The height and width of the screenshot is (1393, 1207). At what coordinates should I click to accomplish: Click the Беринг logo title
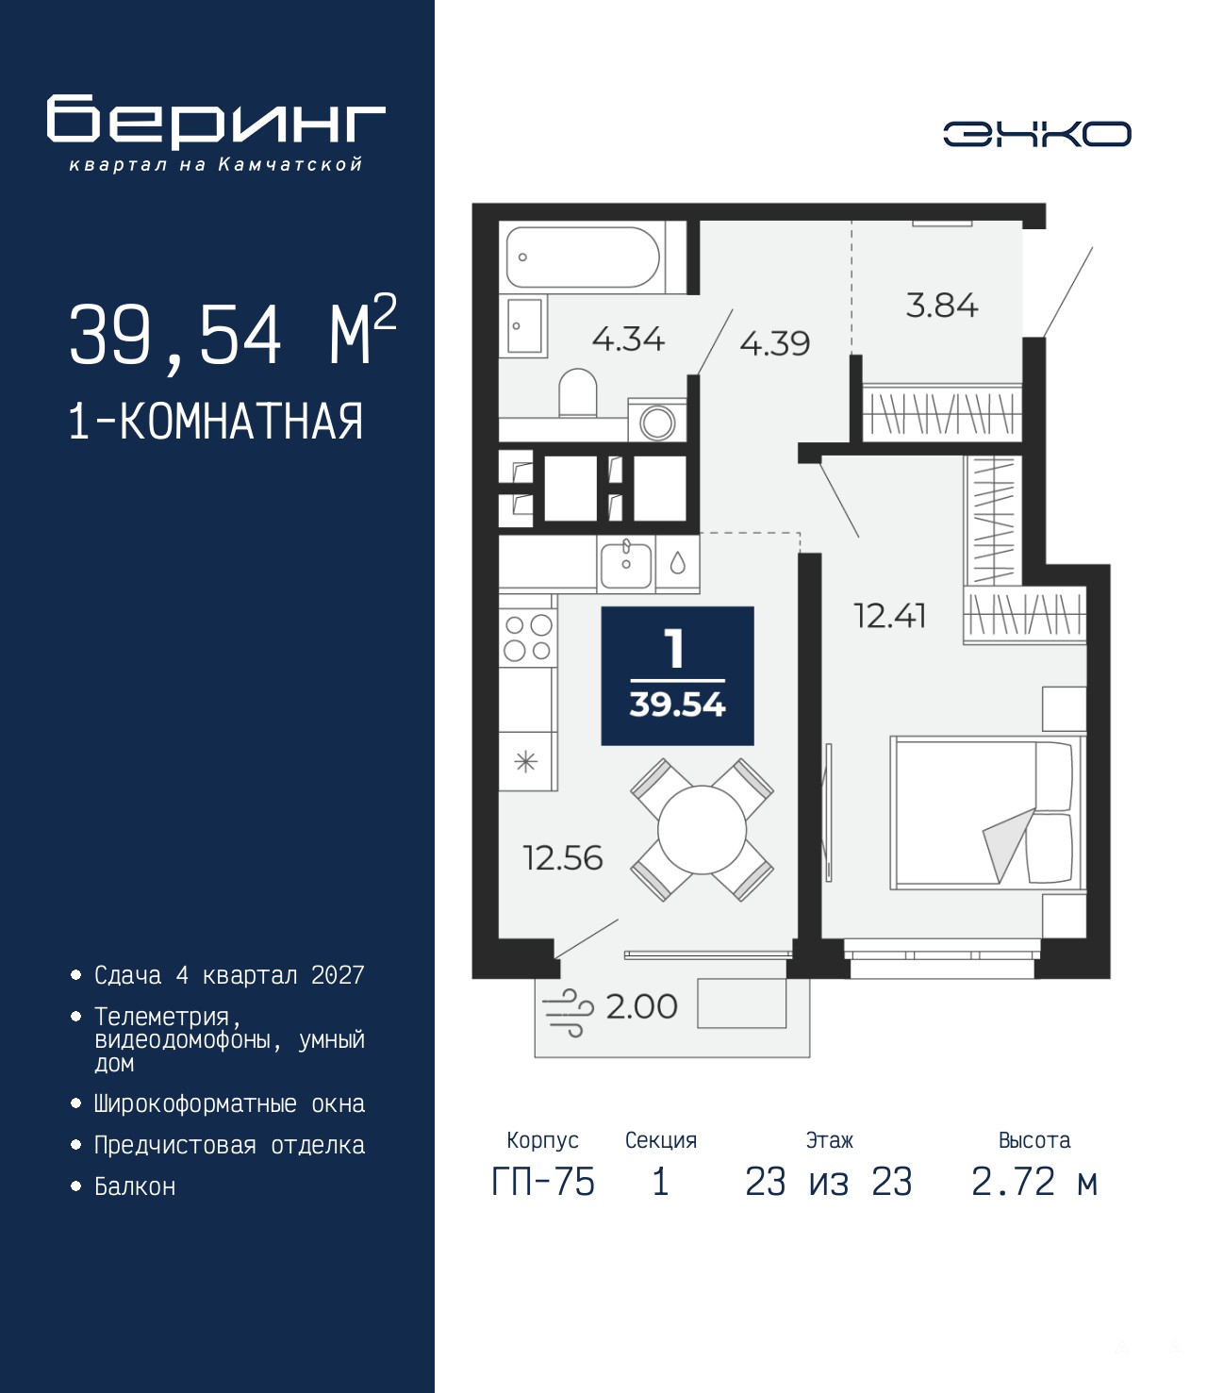point(216,122)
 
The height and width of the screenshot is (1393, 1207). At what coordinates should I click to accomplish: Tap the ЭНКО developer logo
point(1036,134)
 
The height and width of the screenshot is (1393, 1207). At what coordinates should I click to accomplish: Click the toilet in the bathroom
point(578,391)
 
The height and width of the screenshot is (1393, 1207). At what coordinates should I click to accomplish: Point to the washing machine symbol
point(657,421)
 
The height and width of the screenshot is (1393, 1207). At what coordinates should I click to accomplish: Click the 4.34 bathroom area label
point(628,339)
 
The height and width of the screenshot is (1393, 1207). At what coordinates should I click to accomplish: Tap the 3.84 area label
point(941,306)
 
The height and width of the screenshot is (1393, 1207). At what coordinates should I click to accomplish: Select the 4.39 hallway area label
point(774,343)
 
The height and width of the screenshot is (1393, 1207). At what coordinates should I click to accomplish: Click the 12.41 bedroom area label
point(889,616)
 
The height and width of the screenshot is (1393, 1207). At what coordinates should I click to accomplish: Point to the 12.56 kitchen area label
point(563,858)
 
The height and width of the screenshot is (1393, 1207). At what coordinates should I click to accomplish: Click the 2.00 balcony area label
point(641,1007)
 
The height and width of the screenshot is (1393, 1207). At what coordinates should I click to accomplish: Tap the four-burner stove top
point(528,638)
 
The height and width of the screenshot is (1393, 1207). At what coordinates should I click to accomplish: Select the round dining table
point(703,830)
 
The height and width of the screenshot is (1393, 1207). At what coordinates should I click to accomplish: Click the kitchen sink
point(626,565)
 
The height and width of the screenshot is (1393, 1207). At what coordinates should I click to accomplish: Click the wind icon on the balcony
point(568,1012)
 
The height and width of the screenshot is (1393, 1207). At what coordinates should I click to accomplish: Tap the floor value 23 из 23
point(828,1182)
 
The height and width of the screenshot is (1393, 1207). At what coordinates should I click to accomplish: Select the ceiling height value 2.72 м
point(1033,1182)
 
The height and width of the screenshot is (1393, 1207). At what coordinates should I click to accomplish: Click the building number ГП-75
point(542,1182)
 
